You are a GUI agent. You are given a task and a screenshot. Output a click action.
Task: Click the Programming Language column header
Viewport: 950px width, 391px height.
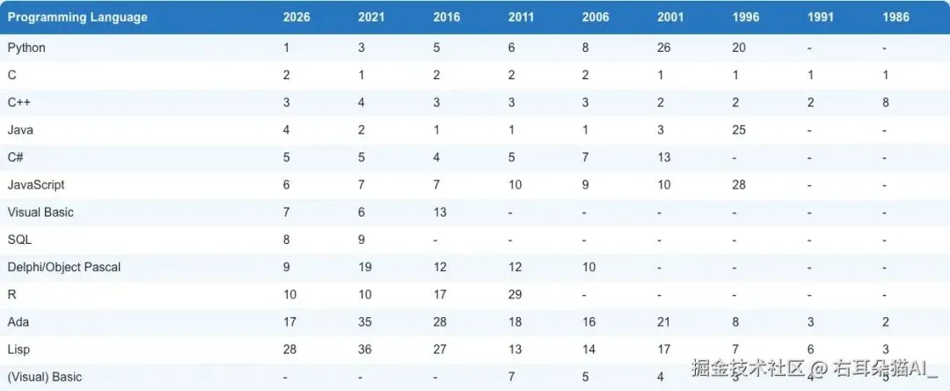[77, 17]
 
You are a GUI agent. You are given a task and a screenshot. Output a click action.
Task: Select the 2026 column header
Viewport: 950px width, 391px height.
[296, 17]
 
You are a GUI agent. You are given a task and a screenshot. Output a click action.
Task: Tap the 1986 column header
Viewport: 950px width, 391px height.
[896, 17]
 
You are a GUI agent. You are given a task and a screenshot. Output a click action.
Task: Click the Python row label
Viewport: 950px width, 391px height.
[26, 48]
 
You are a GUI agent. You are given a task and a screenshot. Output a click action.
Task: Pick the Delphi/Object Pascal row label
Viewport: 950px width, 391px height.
[64, 268]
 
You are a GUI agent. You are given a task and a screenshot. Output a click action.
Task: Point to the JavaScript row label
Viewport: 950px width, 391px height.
[36, 185]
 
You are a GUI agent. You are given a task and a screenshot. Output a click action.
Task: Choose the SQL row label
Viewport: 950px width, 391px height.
[19, 240]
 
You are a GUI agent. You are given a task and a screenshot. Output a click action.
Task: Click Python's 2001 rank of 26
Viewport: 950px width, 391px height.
[664, 48]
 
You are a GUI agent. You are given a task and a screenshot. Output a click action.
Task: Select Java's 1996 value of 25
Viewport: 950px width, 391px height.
[739, 129]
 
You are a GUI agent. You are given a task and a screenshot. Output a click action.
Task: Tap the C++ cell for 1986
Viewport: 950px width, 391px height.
[886, 102]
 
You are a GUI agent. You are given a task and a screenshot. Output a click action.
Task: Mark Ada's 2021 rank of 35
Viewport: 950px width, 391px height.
[365, 322]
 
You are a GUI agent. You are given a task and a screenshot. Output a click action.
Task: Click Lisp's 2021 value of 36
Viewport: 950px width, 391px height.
[365, 350]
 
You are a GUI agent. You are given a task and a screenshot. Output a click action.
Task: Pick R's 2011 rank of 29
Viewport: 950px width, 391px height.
[515, 295]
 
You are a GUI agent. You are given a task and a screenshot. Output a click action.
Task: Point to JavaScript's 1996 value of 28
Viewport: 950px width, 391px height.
[739, 185]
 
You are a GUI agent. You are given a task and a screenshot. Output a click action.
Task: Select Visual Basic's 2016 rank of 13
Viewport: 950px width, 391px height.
[440, 212]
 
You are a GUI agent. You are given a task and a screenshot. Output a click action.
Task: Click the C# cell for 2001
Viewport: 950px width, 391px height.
[664, 157]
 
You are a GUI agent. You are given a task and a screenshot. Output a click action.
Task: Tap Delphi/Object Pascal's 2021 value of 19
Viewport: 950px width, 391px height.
[365, 268]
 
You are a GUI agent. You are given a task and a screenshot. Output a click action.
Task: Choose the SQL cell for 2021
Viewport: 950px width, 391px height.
[362, 240]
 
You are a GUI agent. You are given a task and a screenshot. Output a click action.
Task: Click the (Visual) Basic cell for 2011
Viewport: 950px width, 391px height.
[511, 377]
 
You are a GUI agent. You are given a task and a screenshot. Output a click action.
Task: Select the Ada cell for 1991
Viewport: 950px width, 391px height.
[811, 322]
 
